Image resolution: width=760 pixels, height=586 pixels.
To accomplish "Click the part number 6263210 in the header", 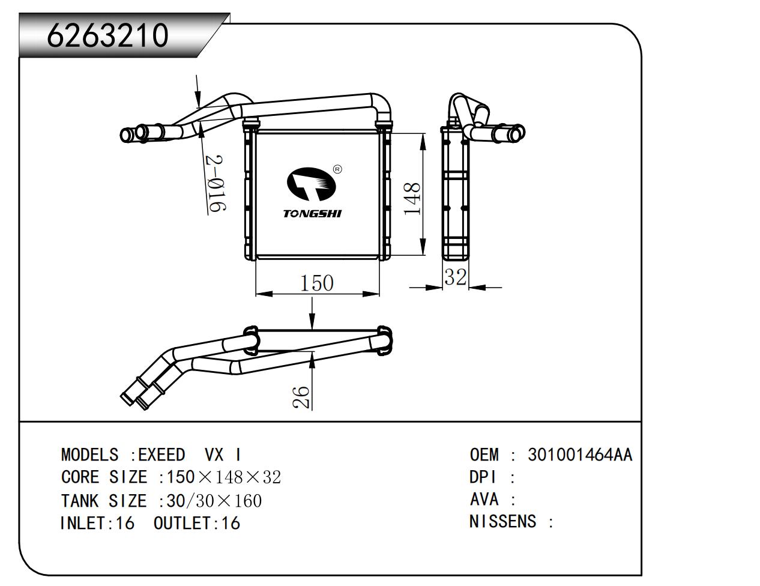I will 107,35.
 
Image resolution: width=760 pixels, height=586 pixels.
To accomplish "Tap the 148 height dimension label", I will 412,199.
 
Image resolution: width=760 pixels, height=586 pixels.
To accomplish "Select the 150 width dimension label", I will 316,282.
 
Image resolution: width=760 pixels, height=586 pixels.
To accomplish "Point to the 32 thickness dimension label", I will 455,277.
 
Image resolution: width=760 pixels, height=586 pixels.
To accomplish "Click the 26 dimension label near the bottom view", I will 301,397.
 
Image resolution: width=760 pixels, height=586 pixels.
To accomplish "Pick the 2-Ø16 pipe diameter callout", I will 216,184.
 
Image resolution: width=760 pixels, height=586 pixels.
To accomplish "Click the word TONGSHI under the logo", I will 312,214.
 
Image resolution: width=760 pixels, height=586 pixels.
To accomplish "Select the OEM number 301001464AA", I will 580,455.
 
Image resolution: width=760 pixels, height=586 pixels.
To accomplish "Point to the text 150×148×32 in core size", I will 223,477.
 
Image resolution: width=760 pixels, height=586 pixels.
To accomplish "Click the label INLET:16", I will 97,523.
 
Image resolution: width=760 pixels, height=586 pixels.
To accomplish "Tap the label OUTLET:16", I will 197,523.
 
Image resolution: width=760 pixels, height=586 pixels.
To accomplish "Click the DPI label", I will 483,477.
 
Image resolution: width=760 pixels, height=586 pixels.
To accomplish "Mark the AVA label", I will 484,499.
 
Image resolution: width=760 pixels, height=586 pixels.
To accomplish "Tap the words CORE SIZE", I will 104,477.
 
